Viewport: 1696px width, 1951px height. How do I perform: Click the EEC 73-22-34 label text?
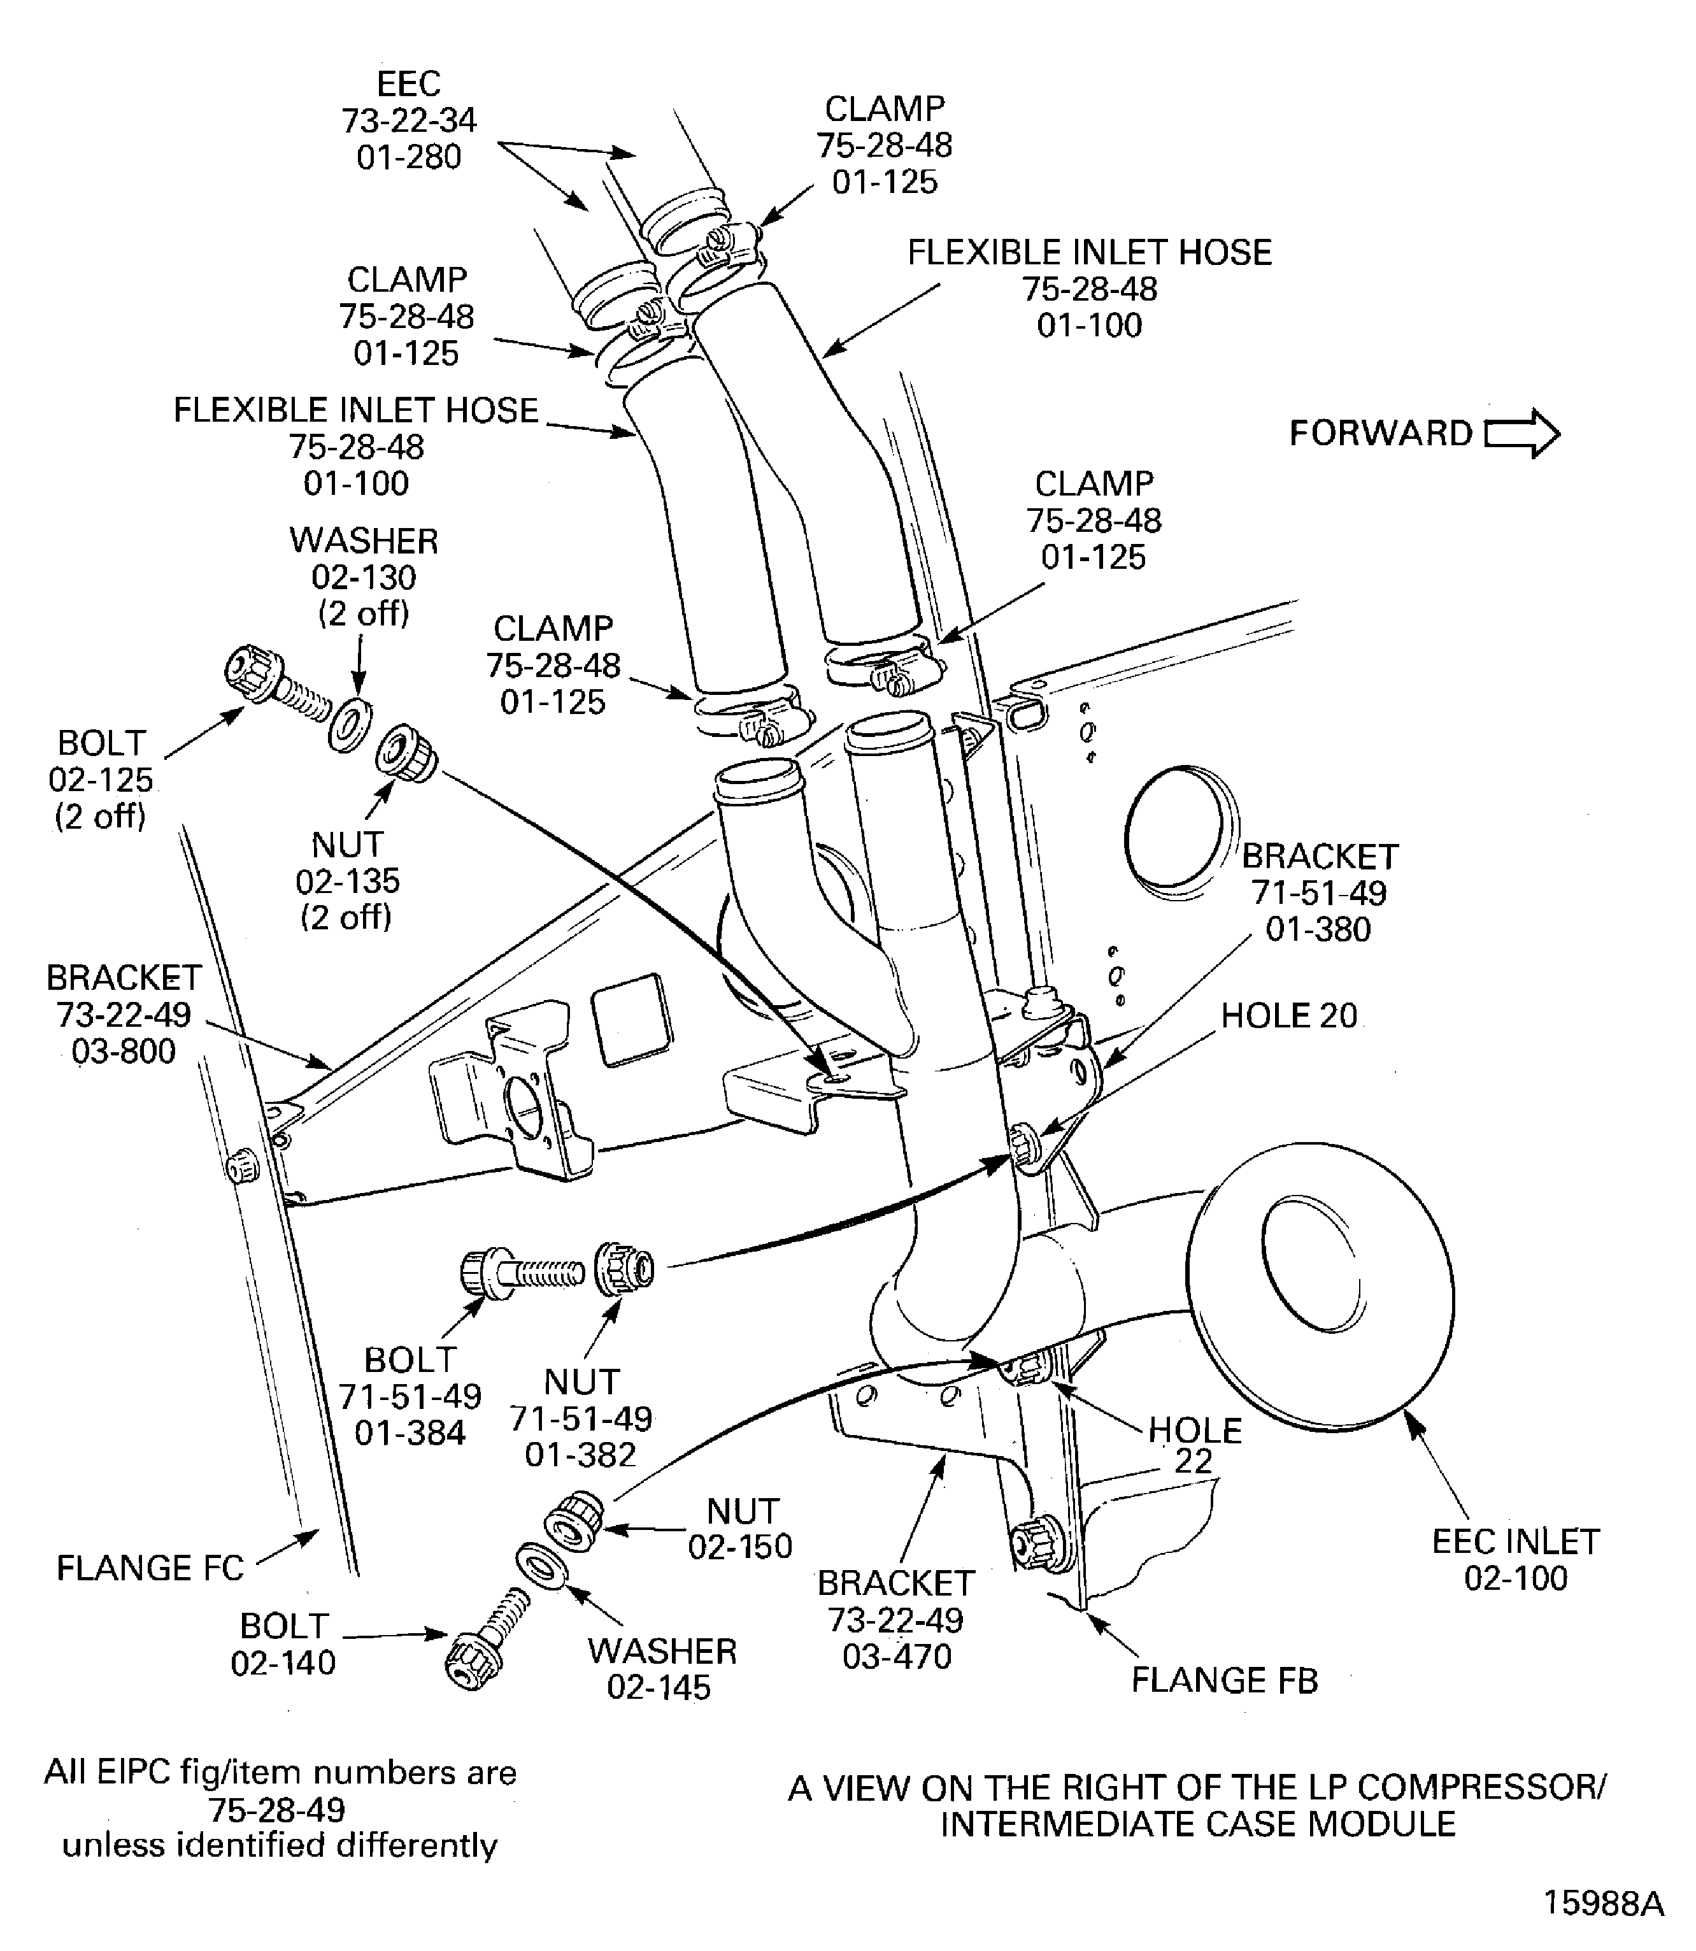(x=409, y=120)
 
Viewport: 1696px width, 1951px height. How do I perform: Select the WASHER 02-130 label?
(x=364, y=576)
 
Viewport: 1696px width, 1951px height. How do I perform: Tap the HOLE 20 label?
(x=1288, y=1016)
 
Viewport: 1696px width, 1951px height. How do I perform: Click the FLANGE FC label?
(x=150, y=1568)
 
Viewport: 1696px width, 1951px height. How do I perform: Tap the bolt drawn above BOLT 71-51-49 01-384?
(x=518, y=1271)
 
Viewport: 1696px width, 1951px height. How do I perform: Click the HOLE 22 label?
(x=1194, y=1445)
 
